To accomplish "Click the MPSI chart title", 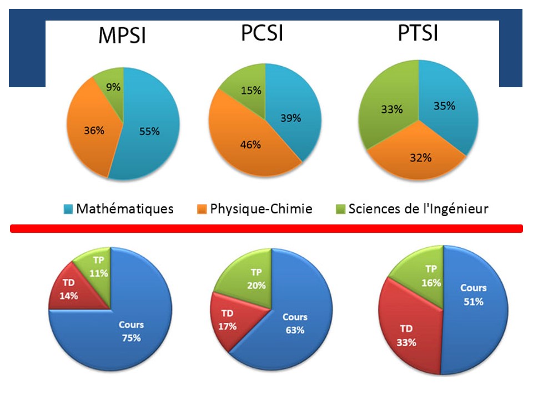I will click(x=122, y=36).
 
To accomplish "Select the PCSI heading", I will click(x=262, y=33).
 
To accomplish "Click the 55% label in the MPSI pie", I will click(x=149, y=131).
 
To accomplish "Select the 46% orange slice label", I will click(x=250, y=145).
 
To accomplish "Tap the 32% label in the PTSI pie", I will click(x=420, y=157).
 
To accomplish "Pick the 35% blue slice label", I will click(x=444, y=106).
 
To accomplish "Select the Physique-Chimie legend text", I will click(x=261, y=209).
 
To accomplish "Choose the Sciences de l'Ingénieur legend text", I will click(x=418, y=209).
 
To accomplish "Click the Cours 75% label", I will click(x=132, y=331).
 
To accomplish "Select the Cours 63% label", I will click(x=295, y=323).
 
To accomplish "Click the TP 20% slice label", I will click(x=257, y=279).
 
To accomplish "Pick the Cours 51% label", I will click(x=473, y=295).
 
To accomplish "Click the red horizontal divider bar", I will click(x=266, y=228).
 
